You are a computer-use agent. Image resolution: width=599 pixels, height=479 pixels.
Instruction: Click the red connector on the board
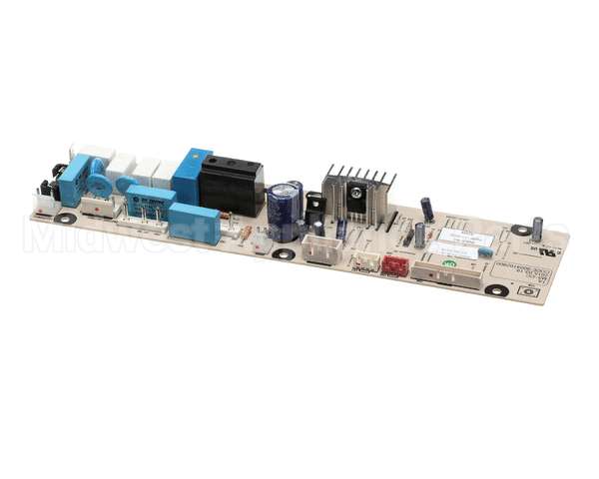click(x=396, y=265)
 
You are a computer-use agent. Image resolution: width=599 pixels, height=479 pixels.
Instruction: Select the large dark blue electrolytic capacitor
click(x=285, y=207)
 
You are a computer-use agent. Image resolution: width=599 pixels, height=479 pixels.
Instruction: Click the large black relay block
click(x=231, y=187)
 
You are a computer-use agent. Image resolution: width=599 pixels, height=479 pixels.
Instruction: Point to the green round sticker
click(x=449, y=263)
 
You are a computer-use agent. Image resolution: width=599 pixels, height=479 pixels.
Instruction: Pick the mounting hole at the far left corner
click(x=66, y=218)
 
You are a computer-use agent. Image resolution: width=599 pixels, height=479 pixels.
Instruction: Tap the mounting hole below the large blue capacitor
click(x=285, y=253)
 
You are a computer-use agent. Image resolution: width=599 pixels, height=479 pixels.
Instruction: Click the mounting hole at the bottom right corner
click(x=496, y=290)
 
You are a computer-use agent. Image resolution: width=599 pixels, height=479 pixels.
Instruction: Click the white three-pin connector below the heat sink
click(x=318, y=251)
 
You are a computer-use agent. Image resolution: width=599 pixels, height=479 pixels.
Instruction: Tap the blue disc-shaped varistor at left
click(x=98, y=187)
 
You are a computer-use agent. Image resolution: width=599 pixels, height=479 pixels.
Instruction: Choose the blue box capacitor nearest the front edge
click(x=194, y=223)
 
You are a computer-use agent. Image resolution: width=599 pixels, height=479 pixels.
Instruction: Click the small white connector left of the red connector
click(x=365, y=262)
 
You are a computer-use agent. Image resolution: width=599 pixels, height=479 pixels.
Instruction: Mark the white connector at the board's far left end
click(x=43, y=204)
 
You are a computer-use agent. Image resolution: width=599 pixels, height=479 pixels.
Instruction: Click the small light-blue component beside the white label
click(x=485, y=251)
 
